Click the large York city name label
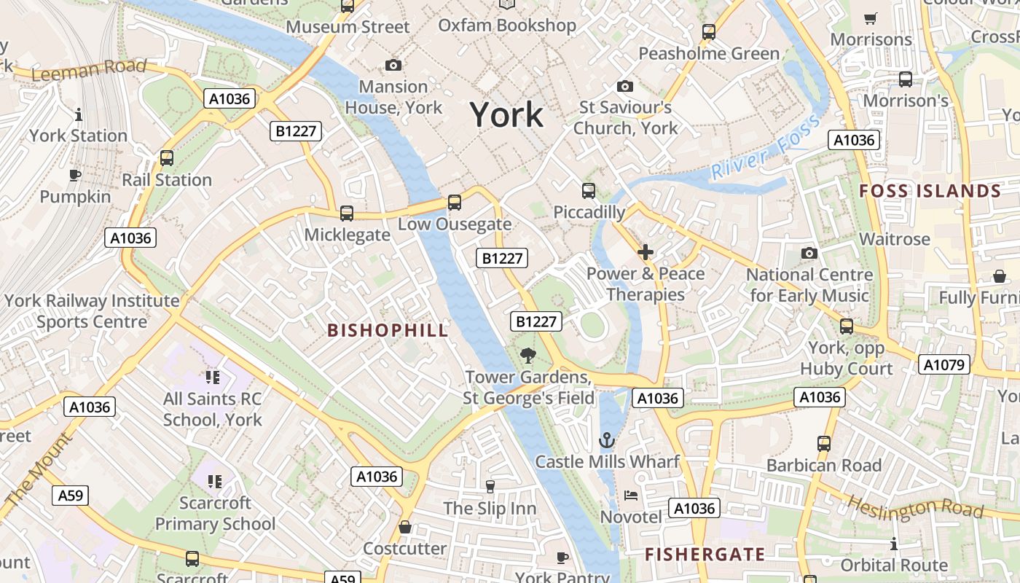(506, 114)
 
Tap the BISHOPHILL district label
(388, 330)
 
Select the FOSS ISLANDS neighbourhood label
(930, 192)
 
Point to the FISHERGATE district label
(705, 555)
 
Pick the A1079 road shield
(943, 364)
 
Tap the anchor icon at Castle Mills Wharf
(606, 440)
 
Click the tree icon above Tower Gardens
(528, 356)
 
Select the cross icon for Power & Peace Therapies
(645, 253)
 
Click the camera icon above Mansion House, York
(393, 66)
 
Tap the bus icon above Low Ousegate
(455, 203)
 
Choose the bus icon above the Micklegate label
(347, 214)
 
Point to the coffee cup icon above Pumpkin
(74, 175)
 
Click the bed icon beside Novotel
(631, 496)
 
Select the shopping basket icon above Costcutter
(405, 527)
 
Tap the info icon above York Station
(79, 114)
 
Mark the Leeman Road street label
(89, 70)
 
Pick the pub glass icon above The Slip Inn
(490, 486)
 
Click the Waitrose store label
(894, 239)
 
